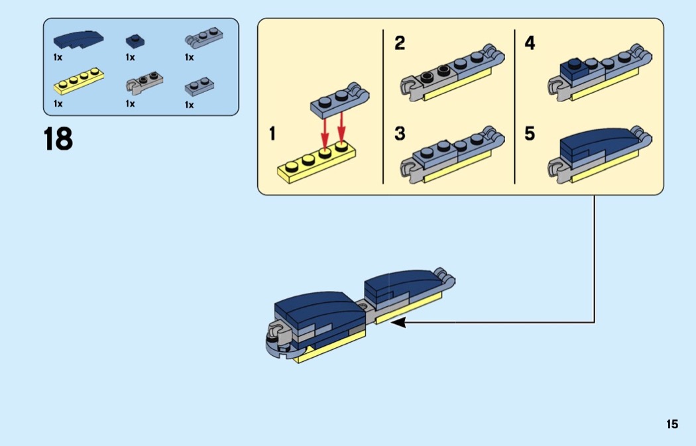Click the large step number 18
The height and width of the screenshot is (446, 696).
[58, 139]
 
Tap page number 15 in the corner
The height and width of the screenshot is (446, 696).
[672, 424]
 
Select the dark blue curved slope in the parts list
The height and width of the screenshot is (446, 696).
[78, 40]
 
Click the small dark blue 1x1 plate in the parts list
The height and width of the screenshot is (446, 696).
[135, 41]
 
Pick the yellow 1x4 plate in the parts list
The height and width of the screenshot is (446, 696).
[79, 81]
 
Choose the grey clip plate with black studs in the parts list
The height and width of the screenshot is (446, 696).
[145, 82]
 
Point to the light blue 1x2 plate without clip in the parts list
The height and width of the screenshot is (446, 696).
[200, 87]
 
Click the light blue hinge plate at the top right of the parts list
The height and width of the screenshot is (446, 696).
[203, 38]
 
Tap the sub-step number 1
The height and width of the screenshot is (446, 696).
[272, 134]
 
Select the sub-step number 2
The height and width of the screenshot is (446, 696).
[400, 44]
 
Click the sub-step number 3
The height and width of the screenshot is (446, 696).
[400, 134]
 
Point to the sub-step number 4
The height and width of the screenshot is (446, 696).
[530, 43]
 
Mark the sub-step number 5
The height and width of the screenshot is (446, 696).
[530, 134]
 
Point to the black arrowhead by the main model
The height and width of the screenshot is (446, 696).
[398, 323]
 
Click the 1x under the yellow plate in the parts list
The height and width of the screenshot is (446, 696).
[58, 104]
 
